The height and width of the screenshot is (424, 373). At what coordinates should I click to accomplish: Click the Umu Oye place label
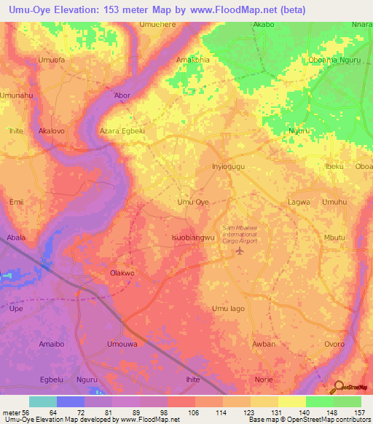[194, 202]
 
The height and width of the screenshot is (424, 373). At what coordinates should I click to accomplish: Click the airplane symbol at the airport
[240, 252]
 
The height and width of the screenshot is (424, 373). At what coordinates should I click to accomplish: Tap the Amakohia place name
[193, 60]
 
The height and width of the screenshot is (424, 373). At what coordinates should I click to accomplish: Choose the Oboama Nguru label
[334, 60]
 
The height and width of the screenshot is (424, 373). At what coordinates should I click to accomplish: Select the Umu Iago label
[228, 309]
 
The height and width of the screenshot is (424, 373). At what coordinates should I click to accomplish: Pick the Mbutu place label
[334, 237]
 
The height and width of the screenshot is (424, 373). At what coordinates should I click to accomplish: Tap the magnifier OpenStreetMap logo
[339, 388]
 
